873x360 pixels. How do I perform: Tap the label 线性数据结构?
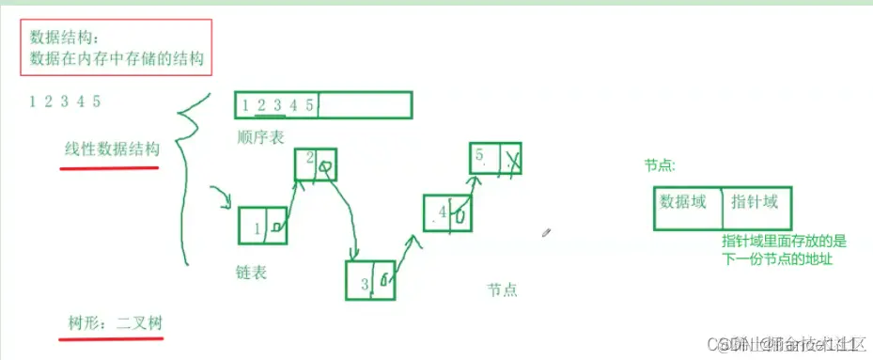click(112, 149)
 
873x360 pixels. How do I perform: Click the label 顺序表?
click(261, 137)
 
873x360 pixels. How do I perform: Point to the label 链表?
click(251, 273)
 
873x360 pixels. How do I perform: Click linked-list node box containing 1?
click(262, 227)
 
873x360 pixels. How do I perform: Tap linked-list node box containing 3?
click(370, 279)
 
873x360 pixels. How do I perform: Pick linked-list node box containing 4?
click(447, 212)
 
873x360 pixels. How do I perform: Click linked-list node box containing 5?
click(495, 157)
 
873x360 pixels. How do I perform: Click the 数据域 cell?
click(687, 208)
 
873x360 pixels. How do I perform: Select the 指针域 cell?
click(760, 208)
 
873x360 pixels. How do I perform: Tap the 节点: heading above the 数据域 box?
click(659, 165)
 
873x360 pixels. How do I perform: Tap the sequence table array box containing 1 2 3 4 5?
click(323, 105)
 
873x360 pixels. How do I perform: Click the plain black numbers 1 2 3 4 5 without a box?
click(65, 102)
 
